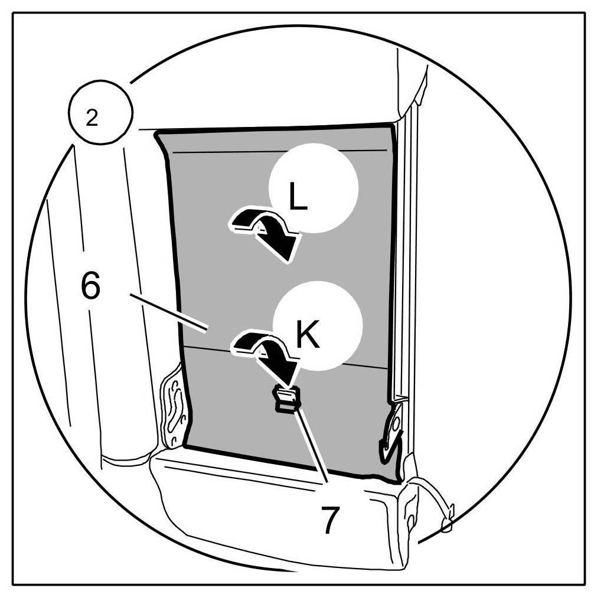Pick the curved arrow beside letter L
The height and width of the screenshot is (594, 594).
[x=263, y=230]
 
